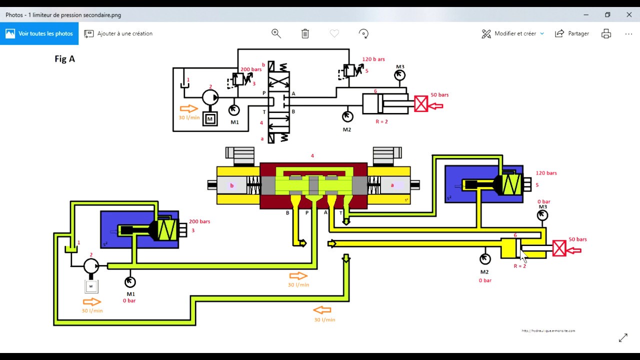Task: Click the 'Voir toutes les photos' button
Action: [x=39, y=33]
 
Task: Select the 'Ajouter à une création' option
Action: [x=118, y=33]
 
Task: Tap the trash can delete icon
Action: [x=305, y=33]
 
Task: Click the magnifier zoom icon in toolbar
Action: [x=276, y=33]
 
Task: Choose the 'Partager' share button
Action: [x=572, y=33]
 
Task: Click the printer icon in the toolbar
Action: [x=606, y=33]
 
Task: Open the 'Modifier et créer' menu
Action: [x=512, y=33]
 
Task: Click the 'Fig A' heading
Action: [x=64, y=59]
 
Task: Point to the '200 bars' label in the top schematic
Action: [x=251, y=69]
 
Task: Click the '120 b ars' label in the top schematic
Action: [x=373, y=59]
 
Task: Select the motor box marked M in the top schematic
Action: [x=210, y=119]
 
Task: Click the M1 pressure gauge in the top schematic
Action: [x=234, y=109]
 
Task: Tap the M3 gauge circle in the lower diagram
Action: [x=542, y=215]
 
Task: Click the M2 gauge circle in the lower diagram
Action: [x=484, y=259]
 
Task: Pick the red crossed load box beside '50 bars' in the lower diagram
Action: [x=559, y=248]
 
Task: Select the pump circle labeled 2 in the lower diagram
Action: [x=91, y=266]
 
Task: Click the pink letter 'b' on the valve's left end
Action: [x=231, y=185]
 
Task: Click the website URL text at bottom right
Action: [x=548, y=330]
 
